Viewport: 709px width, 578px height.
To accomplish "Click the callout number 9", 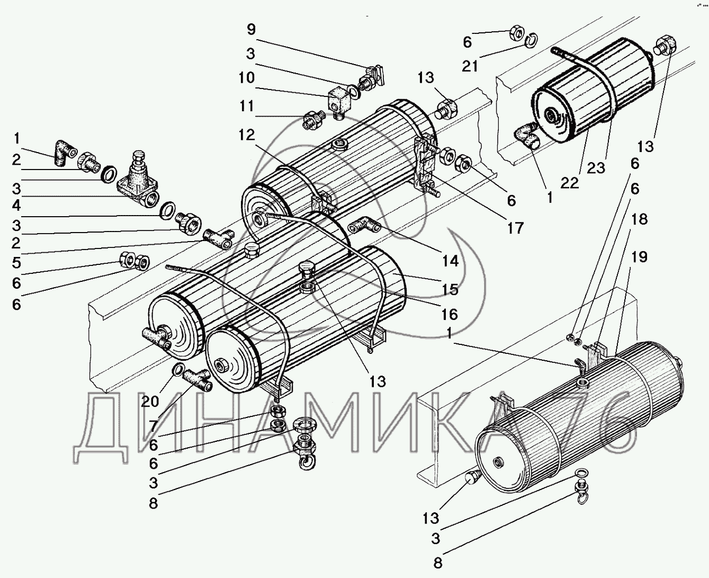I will (x=250, y=29).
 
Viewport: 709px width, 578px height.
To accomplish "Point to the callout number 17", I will (x=515, y=228).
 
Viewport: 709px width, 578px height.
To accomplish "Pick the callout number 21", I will (x=470, y=66).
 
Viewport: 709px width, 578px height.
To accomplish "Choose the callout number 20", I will (x=150, y=402).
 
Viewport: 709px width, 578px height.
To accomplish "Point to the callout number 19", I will (x=639, y=257).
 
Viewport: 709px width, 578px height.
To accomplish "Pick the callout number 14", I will (x=451, y=261).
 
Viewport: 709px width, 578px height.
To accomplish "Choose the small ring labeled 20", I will (x=178, y=369).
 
